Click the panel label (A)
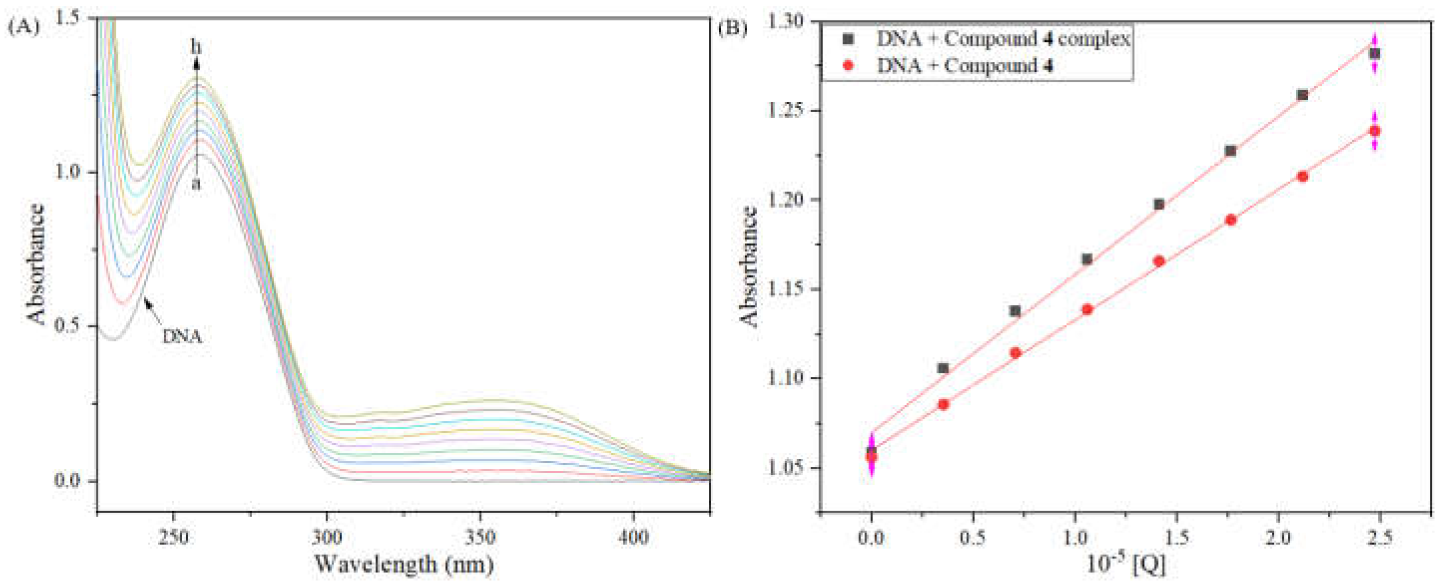pos(23,27)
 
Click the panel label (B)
pos(733,27)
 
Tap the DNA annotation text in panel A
pos(182,337)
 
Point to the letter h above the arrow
pos(196,47)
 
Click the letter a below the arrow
pos(196,183)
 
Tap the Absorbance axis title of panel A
pos(36,264)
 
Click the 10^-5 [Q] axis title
pos(1126,565)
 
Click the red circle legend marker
pos(848,65)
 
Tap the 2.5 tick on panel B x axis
pos(1379,538)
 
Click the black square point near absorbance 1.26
pos(1303,95)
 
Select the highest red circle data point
pos(1375,131)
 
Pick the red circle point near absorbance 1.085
pos(943,404)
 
